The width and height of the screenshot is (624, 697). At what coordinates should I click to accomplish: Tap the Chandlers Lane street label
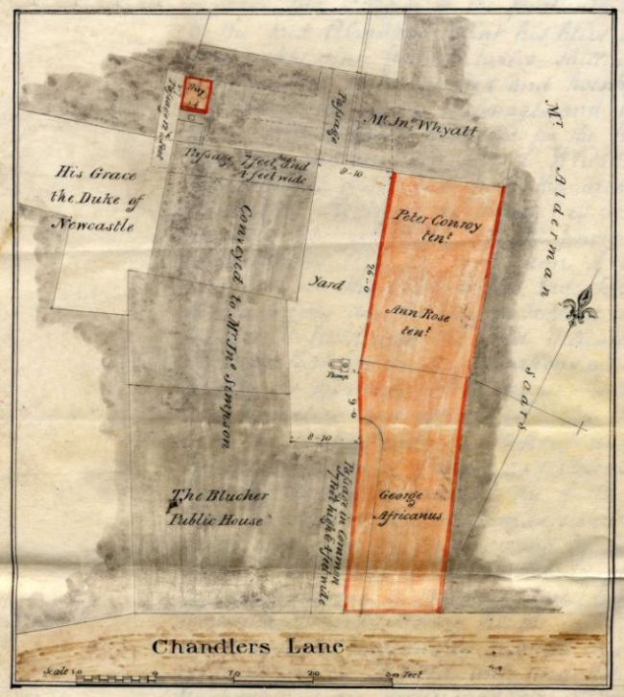(x=247, y=646)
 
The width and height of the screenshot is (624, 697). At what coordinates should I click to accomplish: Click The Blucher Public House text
(x=218, y=508)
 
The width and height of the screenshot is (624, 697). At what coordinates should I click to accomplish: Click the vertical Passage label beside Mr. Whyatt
(x=335, y=122)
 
